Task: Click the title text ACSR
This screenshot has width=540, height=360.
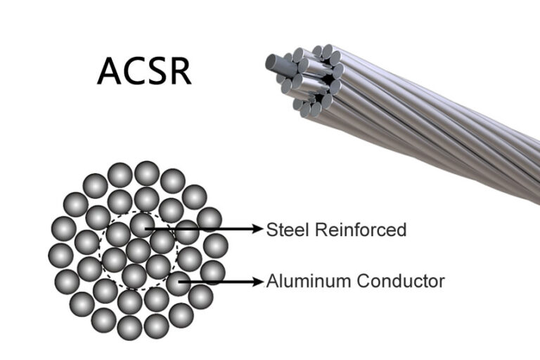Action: click(x=144, y=70)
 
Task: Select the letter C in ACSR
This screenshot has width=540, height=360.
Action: click(x=134, y=70)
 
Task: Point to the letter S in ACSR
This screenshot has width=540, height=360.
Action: click(x=157, y=70)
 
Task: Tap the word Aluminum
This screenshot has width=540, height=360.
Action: click(x=306, y=281)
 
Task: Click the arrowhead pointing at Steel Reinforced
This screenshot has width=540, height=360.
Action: click(x=257, y=229)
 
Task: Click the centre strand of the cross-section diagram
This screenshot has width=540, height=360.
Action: click(x=138, y=250)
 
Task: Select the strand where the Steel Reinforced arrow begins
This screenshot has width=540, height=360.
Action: click(x=143, y=225)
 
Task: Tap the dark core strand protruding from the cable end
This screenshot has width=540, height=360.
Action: click(x=276, y=63)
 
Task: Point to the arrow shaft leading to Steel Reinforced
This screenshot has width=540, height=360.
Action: click(x=204, y=229)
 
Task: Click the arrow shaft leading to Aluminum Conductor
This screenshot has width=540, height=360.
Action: click(x=221, y=282)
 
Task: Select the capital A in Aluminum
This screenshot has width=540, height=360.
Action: click(x=271, y=281)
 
